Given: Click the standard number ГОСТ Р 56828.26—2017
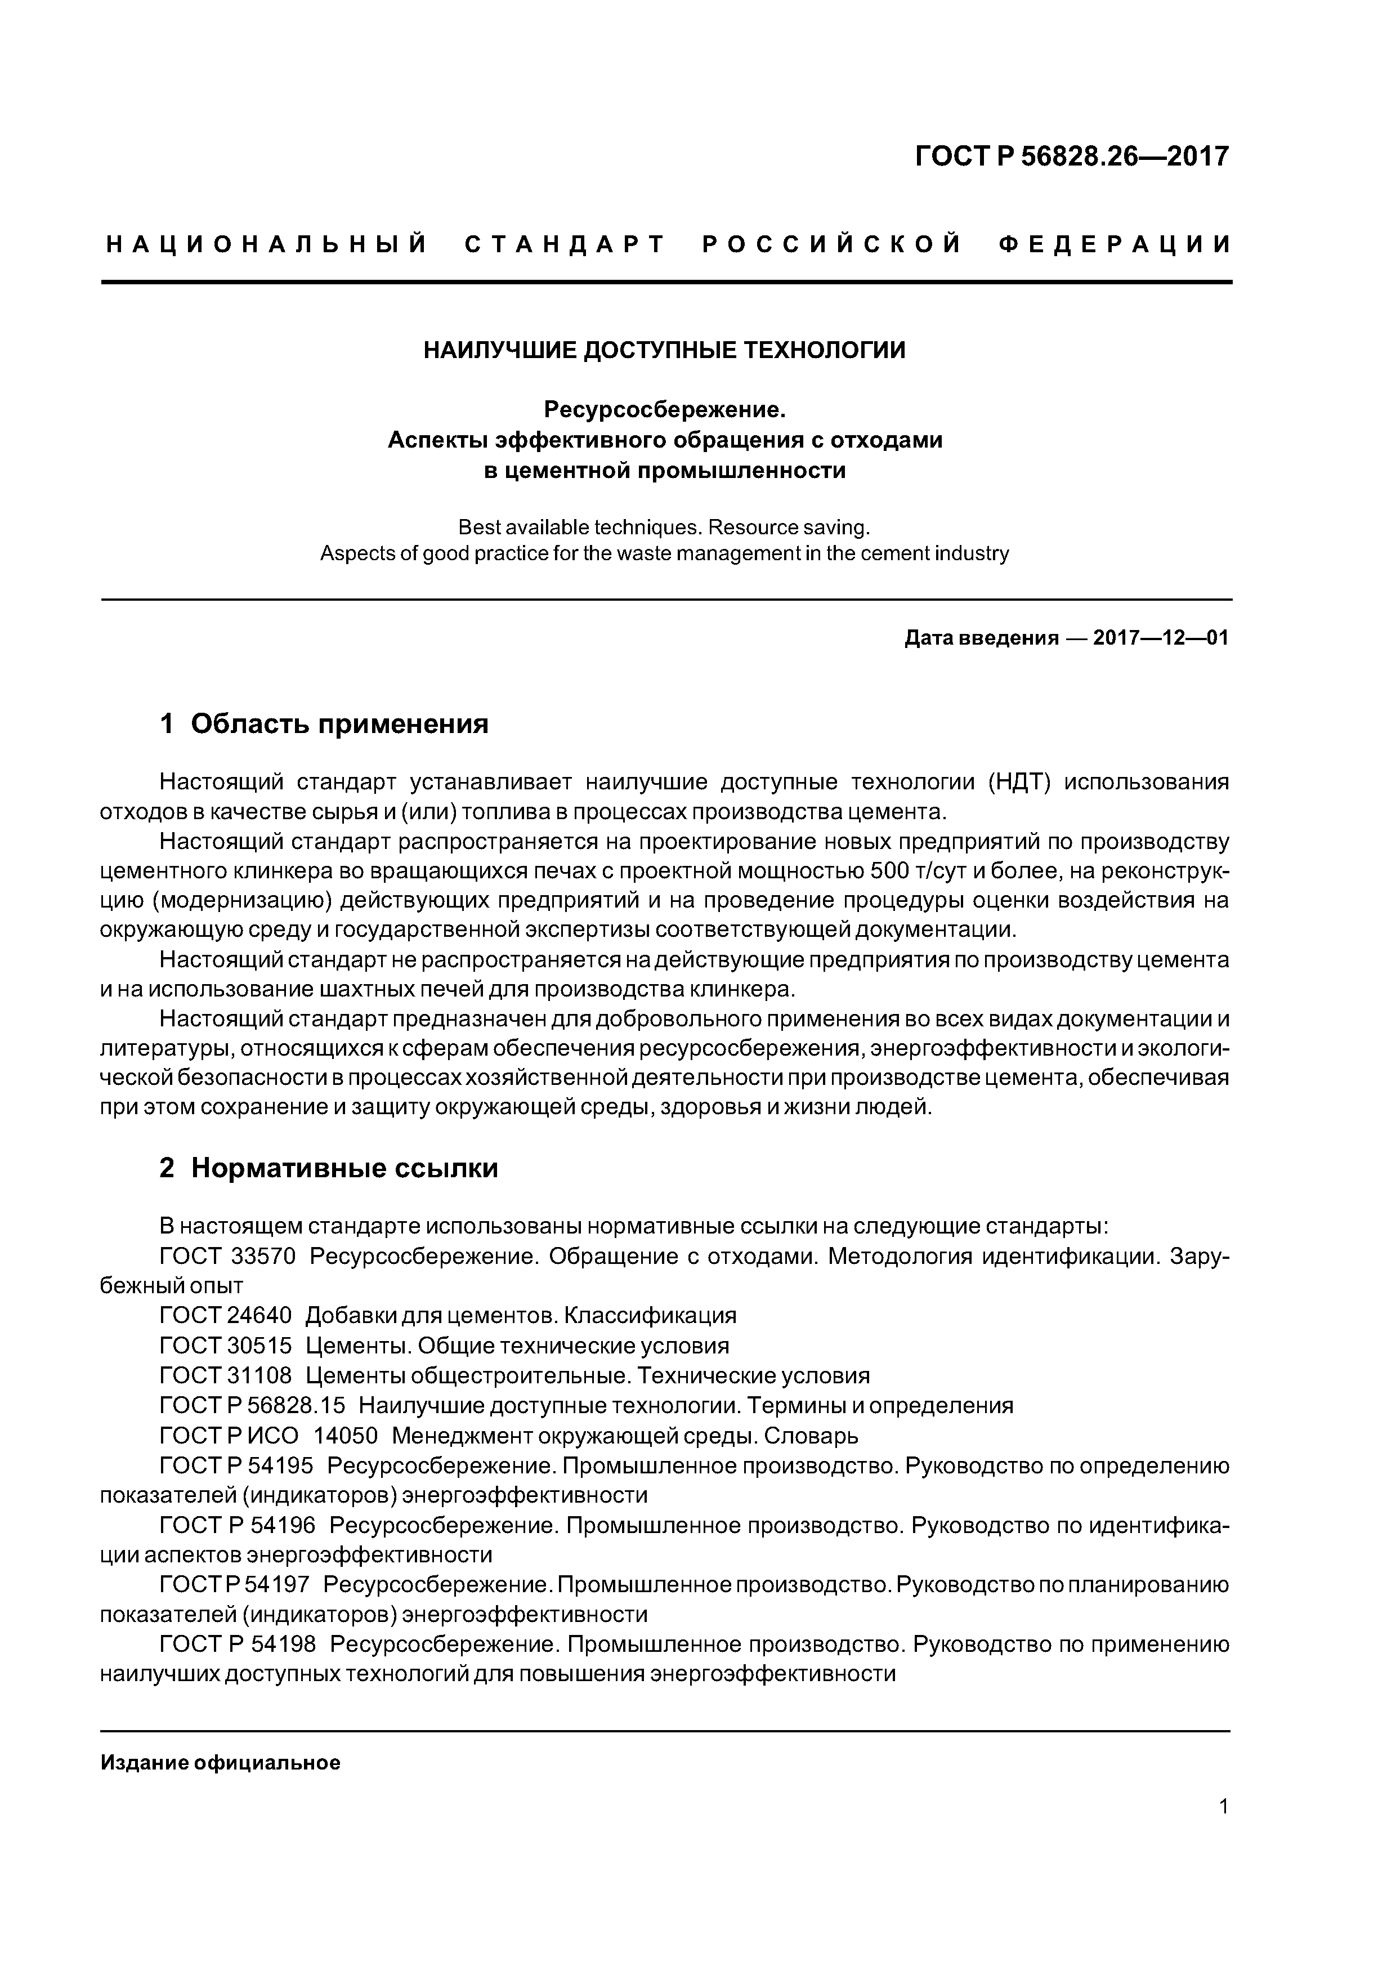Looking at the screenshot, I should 1072,157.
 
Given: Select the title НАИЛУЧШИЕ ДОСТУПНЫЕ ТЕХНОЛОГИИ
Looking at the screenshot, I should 664,350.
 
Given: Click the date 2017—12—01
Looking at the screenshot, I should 1160,638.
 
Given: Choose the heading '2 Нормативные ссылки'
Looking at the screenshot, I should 329,1168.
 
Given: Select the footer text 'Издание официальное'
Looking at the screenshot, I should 220,1763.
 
